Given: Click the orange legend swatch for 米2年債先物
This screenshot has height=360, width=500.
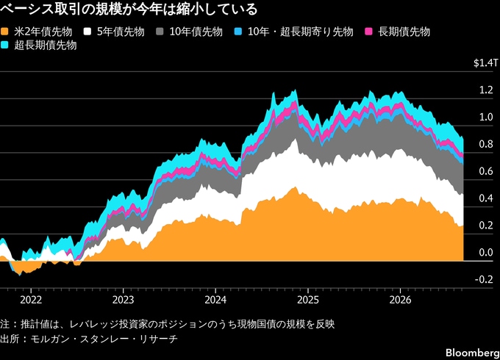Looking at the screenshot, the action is [4, 32].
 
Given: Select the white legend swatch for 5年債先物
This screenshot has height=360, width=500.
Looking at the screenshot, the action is [87, 32].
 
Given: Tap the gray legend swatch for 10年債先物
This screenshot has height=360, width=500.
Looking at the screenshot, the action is [160, 32].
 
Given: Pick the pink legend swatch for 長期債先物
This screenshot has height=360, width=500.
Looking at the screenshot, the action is [368, 32].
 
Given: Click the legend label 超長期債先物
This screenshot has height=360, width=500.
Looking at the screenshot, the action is [46, 46].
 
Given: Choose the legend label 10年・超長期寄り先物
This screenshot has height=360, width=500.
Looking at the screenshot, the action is [301, 32].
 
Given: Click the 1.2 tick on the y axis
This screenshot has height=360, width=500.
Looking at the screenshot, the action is [486, 90].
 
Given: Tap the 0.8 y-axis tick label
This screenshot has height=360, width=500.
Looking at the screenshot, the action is [486, 144].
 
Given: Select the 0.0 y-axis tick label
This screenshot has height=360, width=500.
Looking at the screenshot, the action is [486, 252].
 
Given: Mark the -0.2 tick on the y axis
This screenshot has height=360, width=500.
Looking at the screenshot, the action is [484, 279].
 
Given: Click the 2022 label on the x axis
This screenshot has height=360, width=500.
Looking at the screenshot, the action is [31, 300].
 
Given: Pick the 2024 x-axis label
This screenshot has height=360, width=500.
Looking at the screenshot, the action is [215, 300].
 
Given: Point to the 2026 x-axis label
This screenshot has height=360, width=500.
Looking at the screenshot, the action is [401, 300].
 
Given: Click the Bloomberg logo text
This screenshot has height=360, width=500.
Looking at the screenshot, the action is [473, 353].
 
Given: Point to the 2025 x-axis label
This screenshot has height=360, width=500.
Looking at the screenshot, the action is [308, 300].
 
